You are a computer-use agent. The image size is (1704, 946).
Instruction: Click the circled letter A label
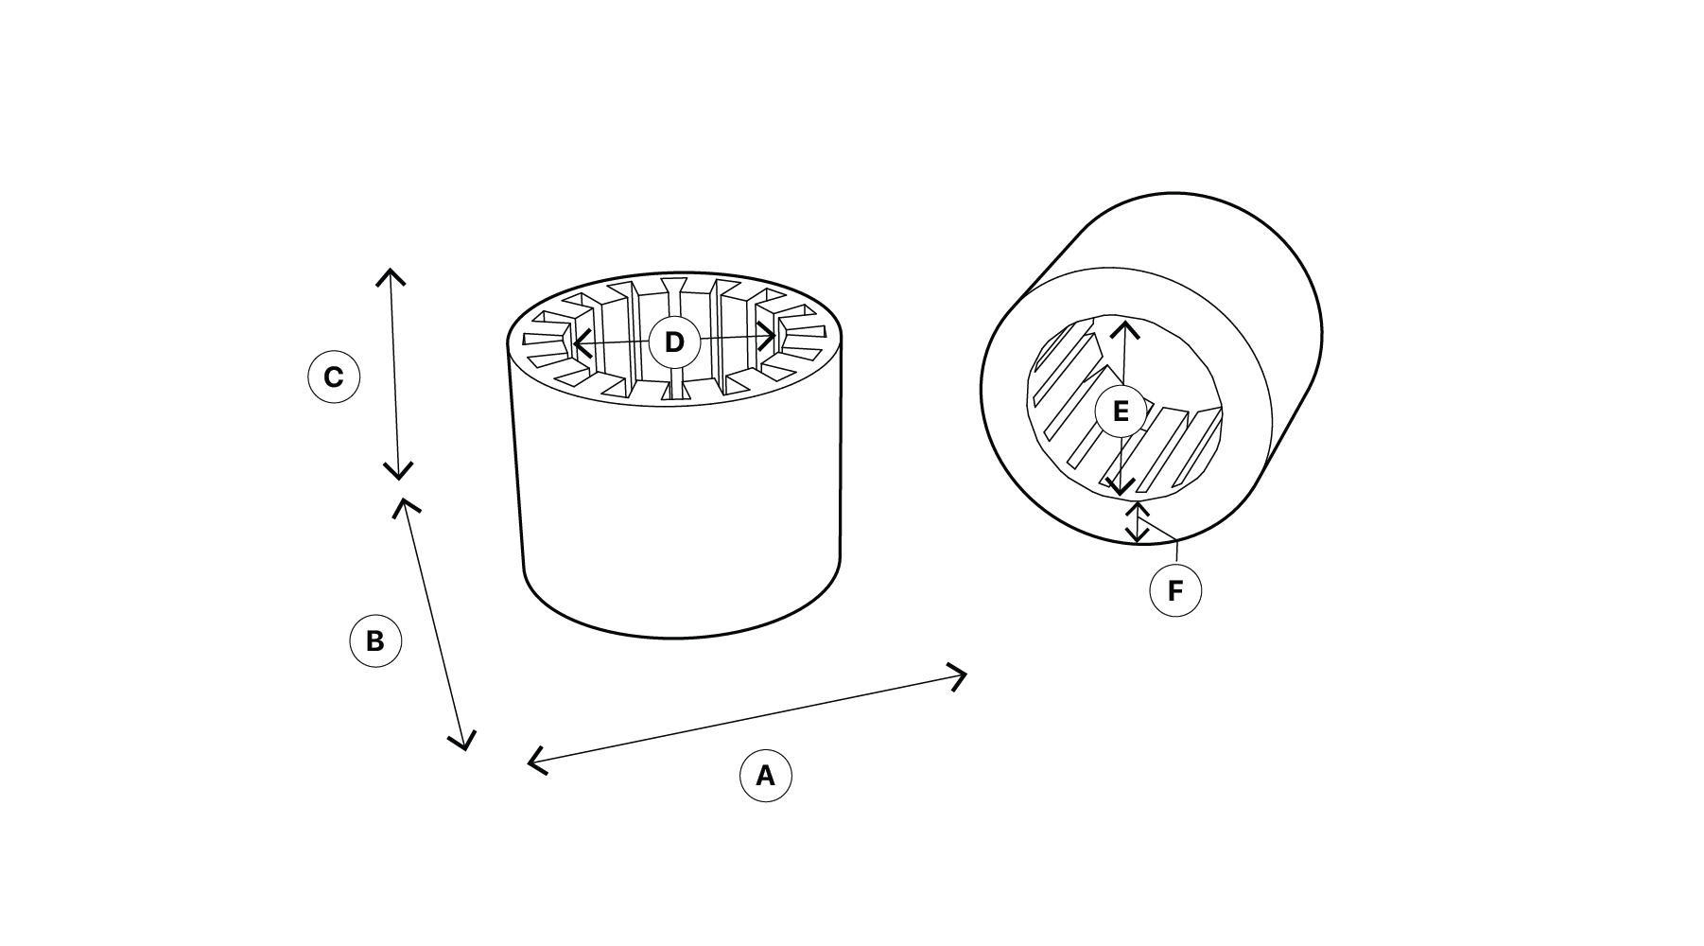[765, 776]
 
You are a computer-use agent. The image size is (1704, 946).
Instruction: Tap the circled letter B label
[375, 641]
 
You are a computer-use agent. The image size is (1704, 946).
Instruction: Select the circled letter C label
[334, 377]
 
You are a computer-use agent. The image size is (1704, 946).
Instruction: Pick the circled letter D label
[674, 342]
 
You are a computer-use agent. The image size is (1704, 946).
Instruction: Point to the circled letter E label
[1121, 412]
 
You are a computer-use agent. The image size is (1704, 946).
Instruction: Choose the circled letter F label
[1175, 590]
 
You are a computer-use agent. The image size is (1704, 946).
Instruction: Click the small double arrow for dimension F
[1138, 522]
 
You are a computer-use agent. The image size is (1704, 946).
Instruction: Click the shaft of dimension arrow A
[747, 718]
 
